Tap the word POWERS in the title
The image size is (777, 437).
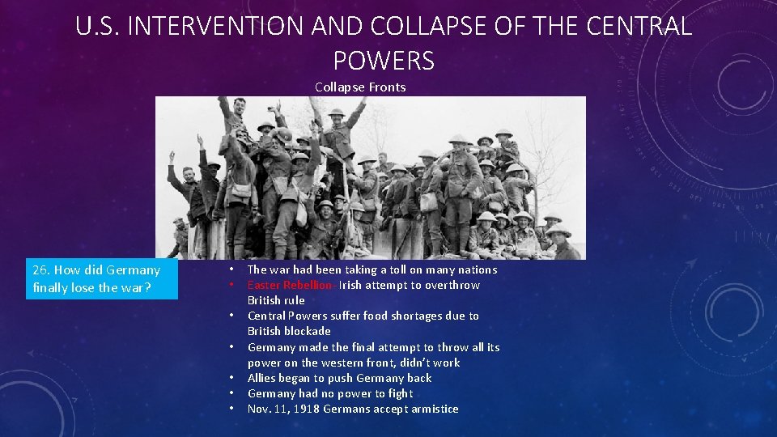tap(384, 61)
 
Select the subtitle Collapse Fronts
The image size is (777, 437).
tap(360, 87)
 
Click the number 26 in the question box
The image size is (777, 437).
tap(40, 269)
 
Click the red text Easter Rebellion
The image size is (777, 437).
tap(289, 285)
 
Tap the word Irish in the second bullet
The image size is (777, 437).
tap(351, 285)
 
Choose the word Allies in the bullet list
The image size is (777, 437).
tap(264, 378)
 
